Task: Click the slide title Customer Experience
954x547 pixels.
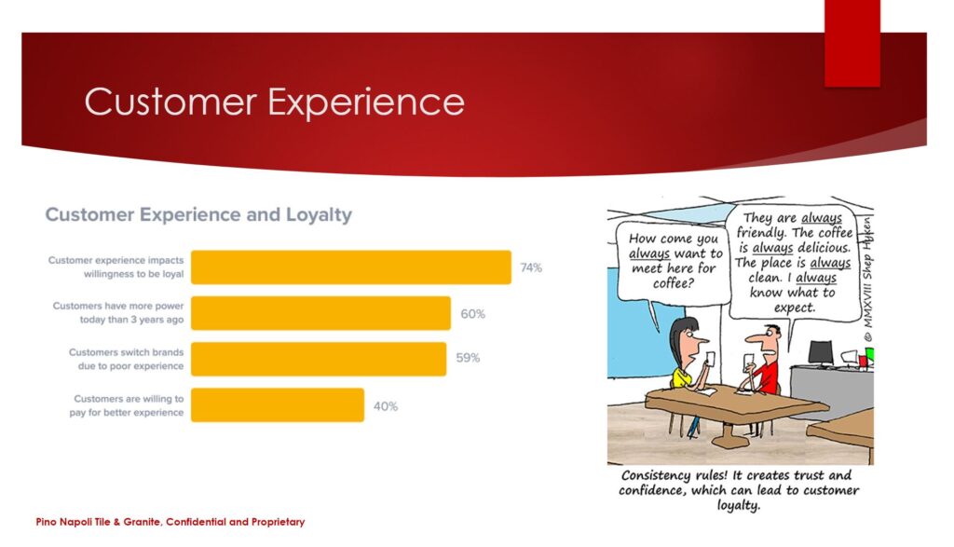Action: click(275, 101)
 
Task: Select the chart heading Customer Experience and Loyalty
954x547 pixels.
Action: click(198, 214)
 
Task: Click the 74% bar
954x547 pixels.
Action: click(351, 267)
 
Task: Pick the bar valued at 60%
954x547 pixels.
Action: click(320, 313)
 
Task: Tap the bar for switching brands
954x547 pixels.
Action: click(319, 359)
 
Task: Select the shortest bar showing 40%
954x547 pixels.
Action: click(278, 405)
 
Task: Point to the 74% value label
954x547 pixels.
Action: click(530, 267)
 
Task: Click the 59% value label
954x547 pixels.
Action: click(468, 358)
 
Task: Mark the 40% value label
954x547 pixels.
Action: click(385, 406)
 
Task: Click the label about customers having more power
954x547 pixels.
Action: click(118, 313)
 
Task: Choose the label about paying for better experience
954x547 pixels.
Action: click(127, 405)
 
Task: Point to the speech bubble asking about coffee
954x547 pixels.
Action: click(673, 263)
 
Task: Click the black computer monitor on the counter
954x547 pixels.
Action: click(820, 353)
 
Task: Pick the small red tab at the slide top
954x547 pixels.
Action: click(852, 43)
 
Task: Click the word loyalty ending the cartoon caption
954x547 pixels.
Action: click(738, 506)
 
